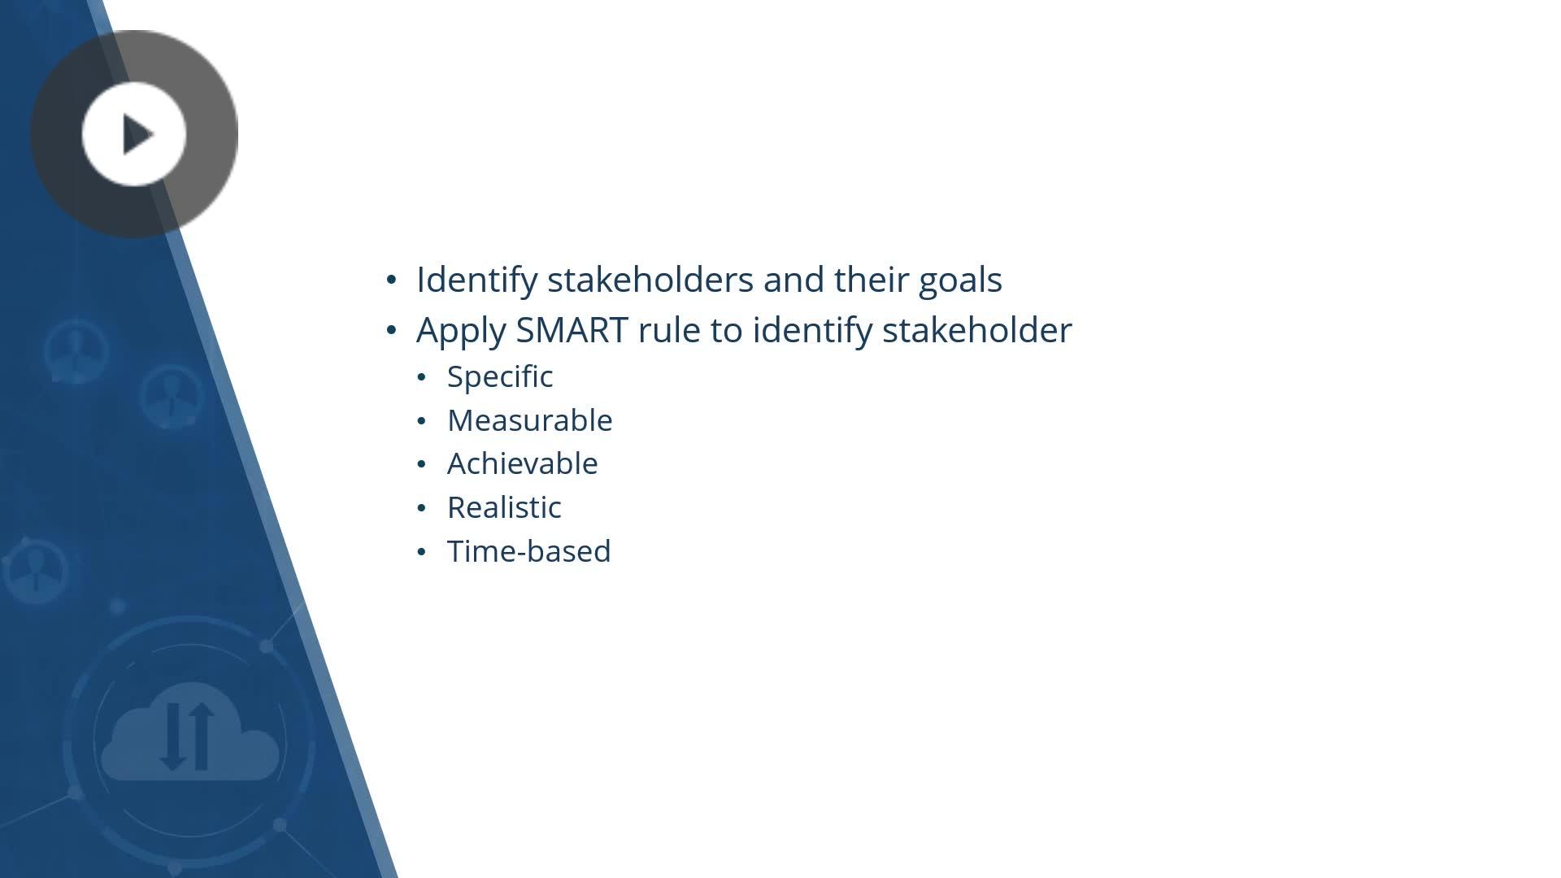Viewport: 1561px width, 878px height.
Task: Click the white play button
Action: click(x=134, y=134)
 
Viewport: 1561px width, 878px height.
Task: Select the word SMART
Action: click(x=572, y=330)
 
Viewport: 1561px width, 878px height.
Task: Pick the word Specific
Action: click(x=500, y=377)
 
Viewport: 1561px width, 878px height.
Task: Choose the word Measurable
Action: click(x=530, y=420)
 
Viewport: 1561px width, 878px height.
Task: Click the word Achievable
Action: click(x=523, y=463)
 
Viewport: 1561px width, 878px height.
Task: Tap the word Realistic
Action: click(x=504, y=507)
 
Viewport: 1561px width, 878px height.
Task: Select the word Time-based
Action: click(x=529, y=551)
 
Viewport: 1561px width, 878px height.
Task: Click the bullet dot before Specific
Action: click(x=421, y=377)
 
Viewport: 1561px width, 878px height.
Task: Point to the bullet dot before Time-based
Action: click(x=421, y=552)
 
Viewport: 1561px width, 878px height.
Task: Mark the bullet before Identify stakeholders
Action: click(x=392, y=280)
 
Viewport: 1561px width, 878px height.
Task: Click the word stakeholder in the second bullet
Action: click(x=977, y=330)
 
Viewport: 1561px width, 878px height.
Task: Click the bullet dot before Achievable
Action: click(x=421, y=464)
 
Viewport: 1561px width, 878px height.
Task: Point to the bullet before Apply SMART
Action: click(x=392, y=330)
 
